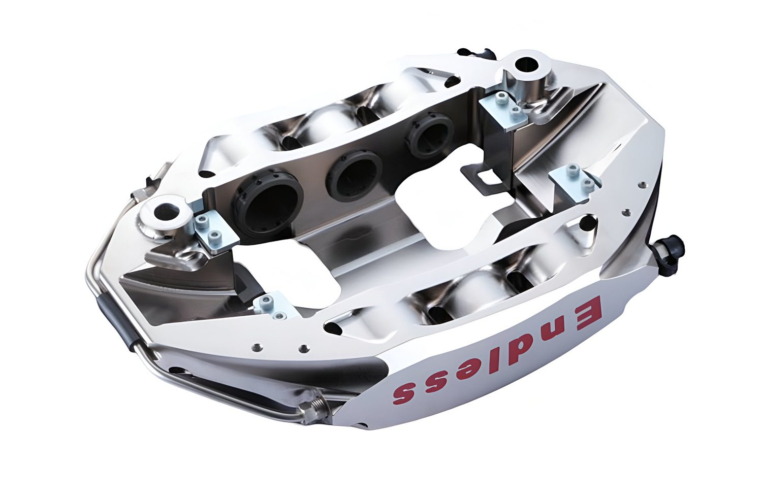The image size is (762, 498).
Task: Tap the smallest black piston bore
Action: [x=431, y=133]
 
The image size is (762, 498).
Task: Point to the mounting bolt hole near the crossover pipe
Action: [x=167, y=210]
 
